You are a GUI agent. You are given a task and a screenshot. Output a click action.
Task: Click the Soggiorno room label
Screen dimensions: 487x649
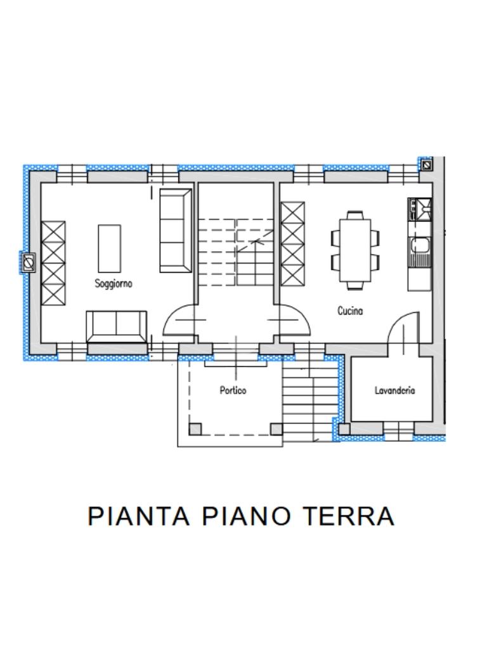click(x=114, y=284)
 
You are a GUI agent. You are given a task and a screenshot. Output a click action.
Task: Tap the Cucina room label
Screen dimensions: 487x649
click(x=350, y=311)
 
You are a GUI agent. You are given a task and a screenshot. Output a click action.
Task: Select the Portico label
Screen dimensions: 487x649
click(x=233, y=390)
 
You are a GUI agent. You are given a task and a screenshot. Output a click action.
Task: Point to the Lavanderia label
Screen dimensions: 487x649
click(x=394, y=390)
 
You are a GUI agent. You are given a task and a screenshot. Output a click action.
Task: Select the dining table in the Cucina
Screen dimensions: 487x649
click(x=355, y=250)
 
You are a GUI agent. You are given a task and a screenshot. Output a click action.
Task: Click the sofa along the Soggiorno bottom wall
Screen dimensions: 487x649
click(x=117, y=326)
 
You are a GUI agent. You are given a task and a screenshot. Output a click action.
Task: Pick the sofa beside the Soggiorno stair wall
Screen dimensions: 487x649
click(x=176, y=231)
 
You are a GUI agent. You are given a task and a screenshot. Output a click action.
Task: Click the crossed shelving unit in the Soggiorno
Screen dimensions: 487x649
click(x=53, y=263)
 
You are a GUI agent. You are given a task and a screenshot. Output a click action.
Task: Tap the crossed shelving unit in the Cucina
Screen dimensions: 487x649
click(x=292, y=244)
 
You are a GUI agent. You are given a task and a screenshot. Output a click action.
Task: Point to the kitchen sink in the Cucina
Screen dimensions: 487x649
click(x=420, y=252)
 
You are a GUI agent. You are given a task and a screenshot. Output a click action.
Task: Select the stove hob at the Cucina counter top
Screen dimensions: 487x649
click(x=420, y=209)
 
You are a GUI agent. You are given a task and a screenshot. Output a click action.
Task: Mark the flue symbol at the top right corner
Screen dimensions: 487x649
click(x=427, y=165)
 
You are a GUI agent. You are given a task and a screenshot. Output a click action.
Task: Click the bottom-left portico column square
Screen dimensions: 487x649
click(x=195, y=429)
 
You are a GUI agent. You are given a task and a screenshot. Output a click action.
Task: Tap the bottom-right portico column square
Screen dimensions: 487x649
click(x=276, y=429)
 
